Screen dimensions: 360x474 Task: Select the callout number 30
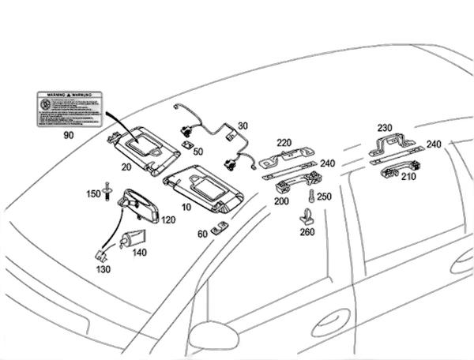243,126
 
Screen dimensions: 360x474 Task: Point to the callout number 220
284,142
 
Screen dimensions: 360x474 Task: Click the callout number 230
384,127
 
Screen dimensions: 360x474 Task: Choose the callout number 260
307,231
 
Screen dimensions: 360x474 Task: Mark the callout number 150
92,194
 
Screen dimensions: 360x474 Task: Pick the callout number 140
140,253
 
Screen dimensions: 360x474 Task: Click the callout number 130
102,269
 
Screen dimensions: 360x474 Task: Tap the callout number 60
202,233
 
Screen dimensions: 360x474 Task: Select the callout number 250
325,197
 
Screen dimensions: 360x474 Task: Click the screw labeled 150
108,192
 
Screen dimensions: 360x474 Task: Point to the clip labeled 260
307,213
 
